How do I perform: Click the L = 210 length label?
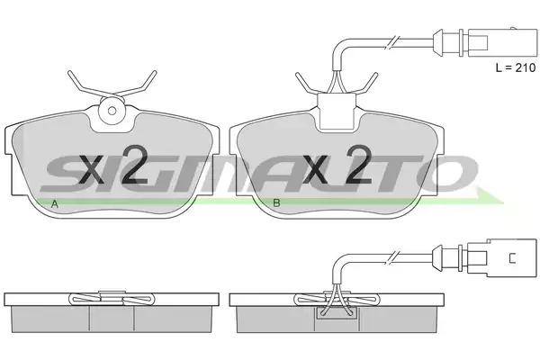(516, 67)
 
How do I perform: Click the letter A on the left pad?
(54, 204)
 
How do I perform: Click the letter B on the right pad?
(276, 202)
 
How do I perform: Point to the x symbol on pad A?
(92, 169)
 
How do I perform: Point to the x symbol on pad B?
(314, 169)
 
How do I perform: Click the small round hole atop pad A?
(112, 111)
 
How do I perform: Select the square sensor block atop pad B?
(336, 111)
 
